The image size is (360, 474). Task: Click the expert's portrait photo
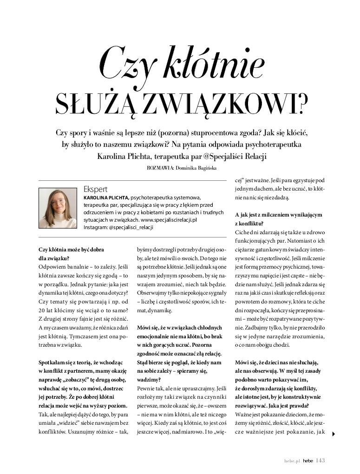[x=58, y=208]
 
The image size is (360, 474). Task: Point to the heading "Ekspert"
[x=95, y=189]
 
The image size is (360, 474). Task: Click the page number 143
[x=320, y=461]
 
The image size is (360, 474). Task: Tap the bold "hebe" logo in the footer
[x=308, y=461]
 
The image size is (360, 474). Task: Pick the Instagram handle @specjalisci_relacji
[x=131, y=228]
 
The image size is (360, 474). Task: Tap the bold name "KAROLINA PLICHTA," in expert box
[x=106, y=197]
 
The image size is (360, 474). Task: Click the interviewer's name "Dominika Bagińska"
[x=196, y=168]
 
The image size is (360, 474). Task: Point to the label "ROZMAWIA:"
[x=160, y=168]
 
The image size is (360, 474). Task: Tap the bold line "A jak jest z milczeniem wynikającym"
[x=279, y=215]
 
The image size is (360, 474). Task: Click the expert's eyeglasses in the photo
[x=59, y=203]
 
